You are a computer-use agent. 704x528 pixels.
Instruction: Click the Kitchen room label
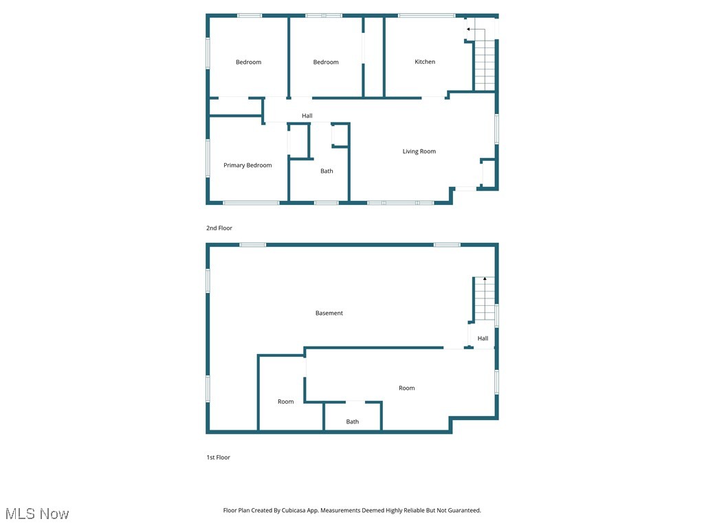click(425, 62)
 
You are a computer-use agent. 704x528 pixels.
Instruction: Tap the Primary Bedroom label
click(247, 165)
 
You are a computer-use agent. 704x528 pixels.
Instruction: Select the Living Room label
click(419, 151)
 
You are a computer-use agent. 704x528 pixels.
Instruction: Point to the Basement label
click(329, 313)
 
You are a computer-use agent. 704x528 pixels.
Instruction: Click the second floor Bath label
click(327, 171)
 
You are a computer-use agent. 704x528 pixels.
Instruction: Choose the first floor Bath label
click(353, 421)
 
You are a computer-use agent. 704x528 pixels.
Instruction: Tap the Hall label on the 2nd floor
click(307, 115)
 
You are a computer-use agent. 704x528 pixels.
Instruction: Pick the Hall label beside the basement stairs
click(483, 338)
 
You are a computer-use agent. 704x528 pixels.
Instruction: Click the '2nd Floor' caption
click(219, 228)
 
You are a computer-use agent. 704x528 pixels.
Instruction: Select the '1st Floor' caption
click(219, 457)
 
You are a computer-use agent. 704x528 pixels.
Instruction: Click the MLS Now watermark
click(37, 514)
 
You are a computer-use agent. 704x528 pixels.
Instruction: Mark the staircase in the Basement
click(484, 299)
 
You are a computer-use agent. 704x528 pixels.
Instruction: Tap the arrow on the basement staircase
click(485, 279)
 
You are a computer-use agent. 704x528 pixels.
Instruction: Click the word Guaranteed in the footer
click(462, 510)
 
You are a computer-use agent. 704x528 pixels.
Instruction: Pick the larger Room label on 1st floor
click(407, 388)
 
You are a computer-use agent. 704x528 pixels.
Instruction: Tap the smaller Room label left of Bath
click(286, 401)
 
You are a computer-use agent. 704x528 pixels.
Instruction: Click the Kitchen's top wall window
click(426, 15)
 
